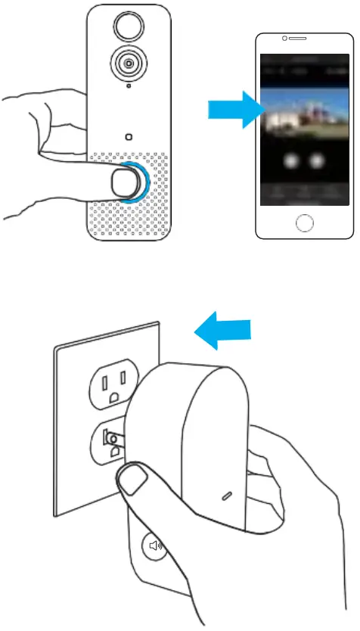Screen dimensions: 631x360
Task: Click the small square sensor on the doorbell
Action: coord(127,137)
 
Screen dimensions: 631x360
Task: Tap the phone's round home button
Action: coord(304,222)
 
